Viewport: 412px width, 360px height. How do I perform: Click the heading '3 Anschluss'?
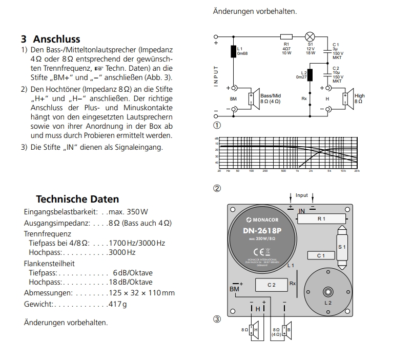pyautogui.click(x=50, y=39)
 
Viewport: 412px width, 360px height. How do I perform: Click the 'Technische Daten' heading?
pyautogui.click(x=77, y=199)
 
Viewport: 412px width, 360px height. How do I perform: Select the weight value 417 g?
pyautogui.click(x=117, y=304)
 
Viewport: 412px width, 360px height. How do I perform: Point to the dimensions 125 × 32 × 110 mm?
pyautogui.click(x=142, y=293)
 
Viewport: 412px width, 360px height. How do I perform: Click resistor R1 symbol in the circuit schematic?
pyautogui.click(x=286, y=37)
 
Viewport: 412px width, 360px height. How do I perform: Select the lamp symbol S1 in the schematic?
pyautogui.click(x=310, y=37)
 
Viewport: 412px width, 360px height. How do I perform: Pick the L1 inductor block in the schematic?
pyautogui.click(x=234, y=51)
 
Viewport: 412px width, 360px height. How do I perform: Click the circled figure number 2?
pyautogui.click(x=217, y=188)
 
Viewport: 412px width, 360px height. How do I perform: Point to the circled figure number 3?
pyautogui.click(x=217, y=319)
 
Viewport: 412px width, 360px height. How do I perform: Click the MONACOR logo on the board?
pyautogui.click(x=269, y=221)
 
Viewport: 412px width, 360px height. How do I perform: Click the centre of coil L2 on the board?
pyautogui.click(x=327, y=292)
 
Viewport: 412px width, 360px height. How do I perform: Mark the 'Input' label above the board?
pyautogui.click(x=302, y=195)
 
